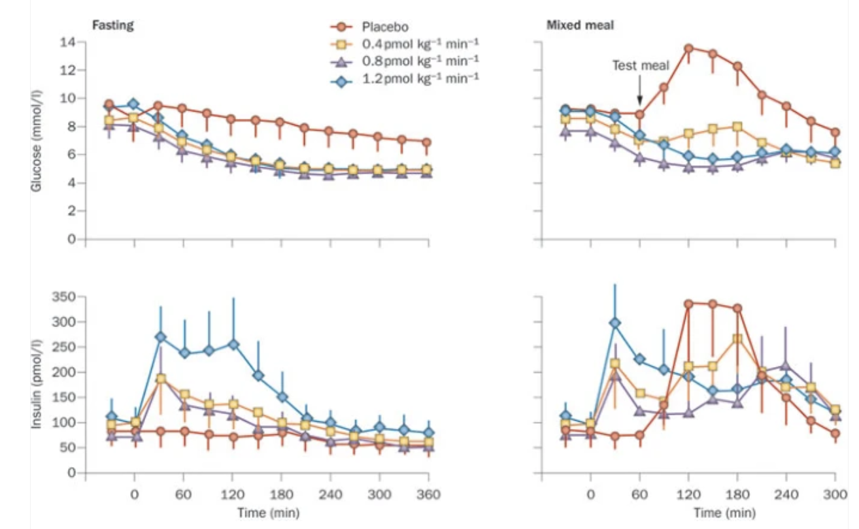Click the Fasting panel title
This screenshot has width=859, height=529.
(112, 25)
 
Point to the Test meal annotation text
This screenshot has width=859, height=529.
(640, 65)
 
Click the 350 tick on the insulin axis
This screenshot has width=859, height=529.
(63, 297)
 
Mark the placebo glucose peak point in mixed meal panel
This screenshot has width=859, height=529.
(688, 48)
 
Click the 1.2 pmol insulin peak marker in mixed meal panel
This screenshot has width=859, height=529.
(615, 323)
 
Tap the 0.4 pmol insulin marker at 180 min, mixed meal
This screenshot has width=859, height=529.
(737, 339)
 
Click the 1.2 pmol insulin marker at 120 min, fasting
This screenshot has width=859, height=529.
(232, 345)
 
